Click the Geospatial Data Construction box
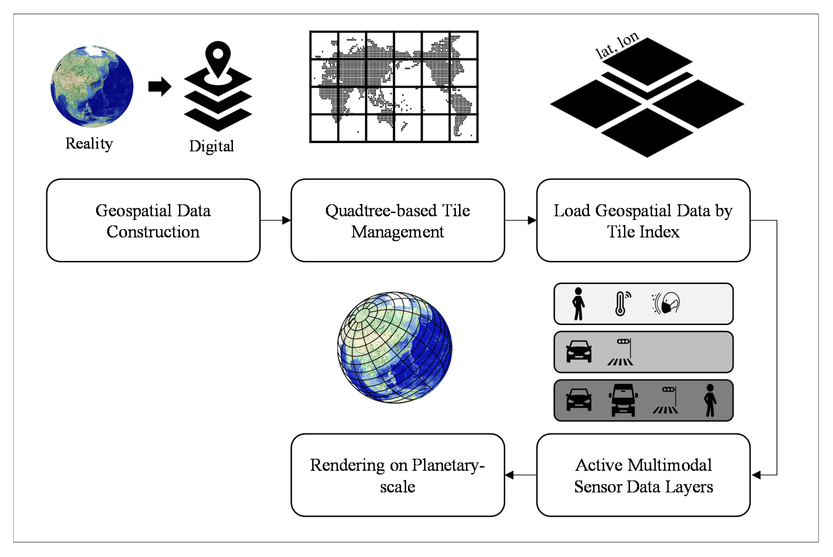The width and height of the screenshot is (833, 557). pos(153,221)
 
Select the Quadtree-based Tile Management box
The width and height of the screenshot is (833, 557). pos(397,221)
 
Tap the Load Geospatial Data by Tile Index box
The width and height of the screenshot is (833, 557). pos(643,221)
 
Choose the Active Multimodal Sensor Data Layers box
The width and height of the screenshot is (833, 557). pos(643,475)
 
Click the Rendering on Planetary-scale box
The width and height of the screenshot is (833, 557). pos(397,475)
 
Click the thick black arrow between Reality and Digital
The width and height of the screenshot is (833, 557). pos(160,86)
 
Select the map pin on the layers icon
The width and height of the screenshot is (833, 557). pos(218,59)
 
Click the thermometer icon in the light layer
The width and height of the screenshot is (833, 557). pos(621,304)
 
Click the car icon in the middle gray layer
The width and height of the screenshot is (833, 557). pos(579,352)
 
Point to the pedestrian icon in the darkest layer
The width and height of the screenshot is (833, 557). pos(710,400)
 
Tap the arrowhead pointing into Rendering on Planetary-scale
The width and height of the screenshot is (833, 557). pos(509,475)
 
